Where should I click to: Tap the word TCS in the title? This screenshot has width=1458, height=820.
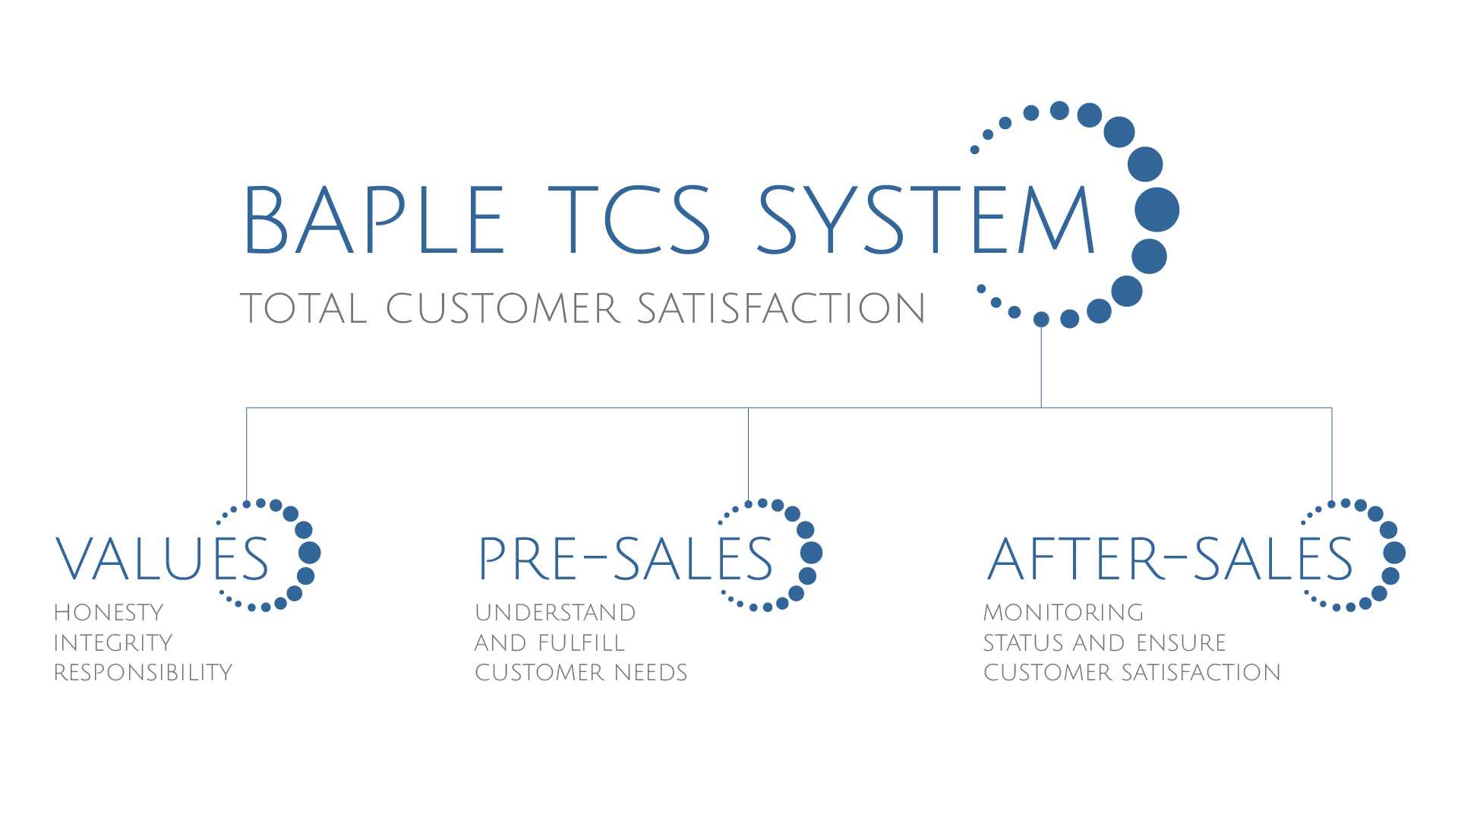click(630, 219)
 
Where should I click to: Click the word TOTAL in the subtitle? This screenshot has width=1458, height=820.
click(304, 309)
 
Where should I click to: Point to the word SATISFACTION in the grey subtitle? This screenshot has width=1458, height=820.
click(781, 309)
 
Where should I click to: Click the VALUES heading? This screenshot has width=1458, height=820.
click(163, 560)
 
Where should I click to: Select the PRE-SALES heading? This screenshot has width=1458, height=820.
click(626, 560)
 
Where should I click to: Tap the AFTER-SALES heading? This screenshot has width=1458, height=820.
click(1170, 560)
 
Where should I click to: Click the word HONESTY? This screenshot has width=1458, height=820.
click(109, 613)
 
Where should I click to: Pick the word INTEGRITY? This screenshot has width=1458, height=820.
click(113, 643)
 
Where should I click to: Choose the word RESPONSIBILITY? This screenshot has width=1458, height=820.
click(143, 673)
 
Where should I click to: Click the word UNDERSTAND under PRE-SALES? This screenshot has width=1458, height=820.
click(555, 613)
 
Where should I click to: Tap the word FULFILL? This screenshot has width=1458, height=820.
click(581, 643)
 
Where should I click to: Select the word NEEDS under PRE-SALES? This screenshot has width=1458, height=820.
click(651, 673)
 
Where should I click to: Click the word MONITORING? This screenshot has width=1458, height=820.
click(1063, 613)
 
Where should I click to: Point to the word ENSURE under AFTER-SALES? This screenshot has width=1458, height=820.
click(1181, 643)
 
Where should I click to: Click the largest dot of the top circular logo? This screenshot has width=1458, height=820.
click(1157, 210)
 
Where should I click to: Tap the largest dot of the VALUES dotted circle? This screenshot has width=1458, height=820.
click(310, 553)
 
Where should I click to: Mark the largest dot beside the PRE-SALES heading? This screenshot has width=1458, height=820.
click(812, 553)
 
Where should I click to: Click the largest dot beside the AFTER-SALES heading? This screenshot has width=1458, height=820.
click(1395, 553)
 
